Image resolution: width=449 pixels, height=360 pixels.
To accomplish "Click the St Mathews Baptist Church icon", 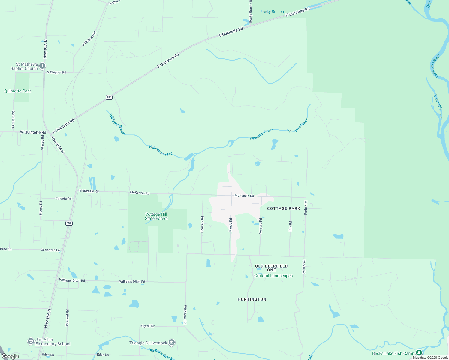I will coord(43,66).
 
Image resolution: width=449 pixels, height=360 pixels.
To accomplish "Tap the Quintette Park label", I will coord(17,91).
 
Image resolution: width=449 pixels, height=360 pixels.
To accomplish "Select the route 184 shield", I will coord(109,97).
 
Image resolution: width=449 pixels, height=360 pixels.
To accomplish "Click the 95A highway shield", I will coord(69,223).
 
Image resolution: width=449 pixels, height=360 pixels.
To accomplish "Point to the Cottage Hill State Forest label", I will coord(156,216).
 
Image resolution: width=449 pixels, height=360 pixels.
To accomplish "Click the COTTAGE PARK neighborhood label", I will coord(283,208).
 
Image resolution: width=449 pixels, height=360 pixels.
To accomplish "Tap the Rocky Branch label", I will coord(272,12).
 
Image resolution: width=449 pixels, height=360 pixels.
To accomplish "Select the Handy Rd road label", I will coord(231,225).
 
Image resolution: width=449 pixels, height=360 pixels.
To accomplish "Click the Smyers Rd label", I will coord(261,226).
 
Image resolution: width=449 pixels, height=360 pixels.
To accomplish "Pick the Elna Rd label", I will coord(290,226).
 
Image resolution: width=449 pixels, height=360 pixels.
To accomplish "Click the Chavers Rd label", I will coord(202,224).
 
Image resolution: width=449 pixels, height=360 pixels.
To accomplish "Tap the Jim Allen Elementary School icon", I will coord(31,341).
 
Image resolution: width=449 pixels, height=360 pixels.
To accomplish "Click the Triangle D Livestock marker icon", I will coord(172,343).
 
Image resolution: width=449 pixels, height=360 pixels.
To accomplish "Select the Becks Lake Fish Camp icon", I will coord(419,353).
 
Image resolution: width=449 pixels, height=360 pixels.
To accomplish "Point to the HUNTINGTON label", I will coord(252,299).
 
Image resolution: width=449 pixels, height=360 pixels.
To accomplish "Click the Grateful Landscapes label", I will coord(273,276).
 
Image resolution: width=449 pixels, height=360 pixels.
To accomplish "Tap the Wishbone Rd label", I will coord(185,315).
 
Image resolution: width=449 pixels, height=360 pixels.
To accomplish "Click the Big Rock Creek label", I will coord(161,354).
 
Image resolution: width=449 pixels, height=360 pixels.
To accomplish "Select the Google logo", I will coord(10,356).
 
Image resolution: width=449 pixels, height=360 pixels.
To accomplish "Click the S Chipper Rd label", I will coord(56,72).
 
